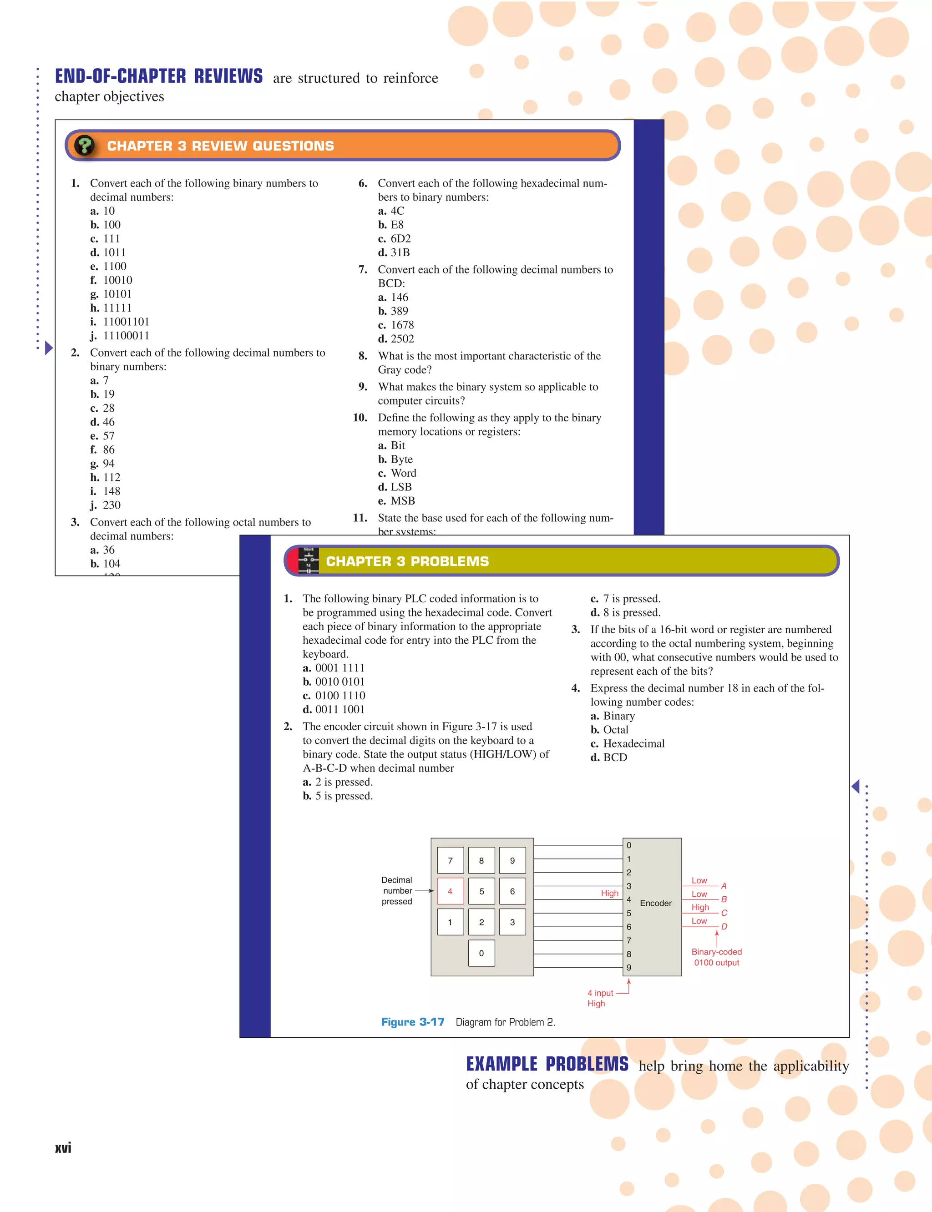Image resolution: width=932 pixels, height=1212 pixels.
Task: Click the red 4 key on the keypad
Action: click(x=450, y=891)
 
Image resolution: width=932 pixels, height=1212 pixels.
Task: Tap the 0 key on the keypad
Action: click(x=481, y=953)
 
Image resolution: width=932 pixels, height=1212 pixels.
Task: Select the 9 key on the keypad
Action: click(x=512, y=860)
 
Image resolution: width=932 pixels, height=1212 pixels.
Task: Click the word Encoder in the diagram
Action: click(x=655, y=903)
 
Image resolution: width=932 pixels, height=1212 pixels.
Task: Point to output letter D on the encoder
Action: click(x=724, y=926)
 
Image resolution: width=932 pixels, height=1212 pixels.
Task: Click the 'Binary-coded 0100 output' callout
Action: click(x=716, y=957)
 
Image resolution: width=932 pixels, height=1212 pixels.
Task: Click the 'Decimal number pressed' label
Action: click(x=397, y=890)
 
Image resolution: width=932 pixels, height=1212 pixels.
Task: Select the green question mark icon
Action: click(x=84, y=146)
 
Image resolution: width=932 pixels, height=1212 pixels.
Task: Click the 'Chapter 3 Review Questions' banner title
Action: click(x=220, y=146)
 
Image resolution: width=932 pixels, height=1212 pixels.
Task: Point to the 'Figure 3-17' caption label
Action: click(x=412, y=1022)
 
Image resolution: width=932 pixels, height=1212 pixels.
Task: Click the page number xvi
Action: click(x=63, y=1148)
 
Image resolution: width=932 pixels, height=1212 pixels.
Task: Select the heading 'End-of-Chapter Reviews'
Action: click(x=159, y=76)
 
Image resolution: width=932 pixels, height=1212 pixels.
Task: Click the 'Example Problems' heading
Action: click(x=547, y=1064)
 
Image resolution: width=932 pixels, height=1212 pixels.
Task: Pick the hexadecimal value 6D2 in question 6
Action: click(x=400, y=238)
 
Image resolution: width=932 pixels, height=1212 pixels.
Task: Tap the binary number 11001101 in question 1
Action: click(x=126, y=322)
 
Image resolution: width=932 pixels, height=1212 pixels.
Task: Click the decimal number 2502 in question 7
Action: click(x=402, y=338)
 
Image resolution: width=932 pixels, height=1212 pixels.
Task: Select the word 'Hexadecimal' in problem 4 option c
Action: click(x=633, y=743)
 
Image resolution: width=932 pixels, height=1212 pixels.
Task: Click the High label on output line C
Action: click(x=700, y=908)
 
